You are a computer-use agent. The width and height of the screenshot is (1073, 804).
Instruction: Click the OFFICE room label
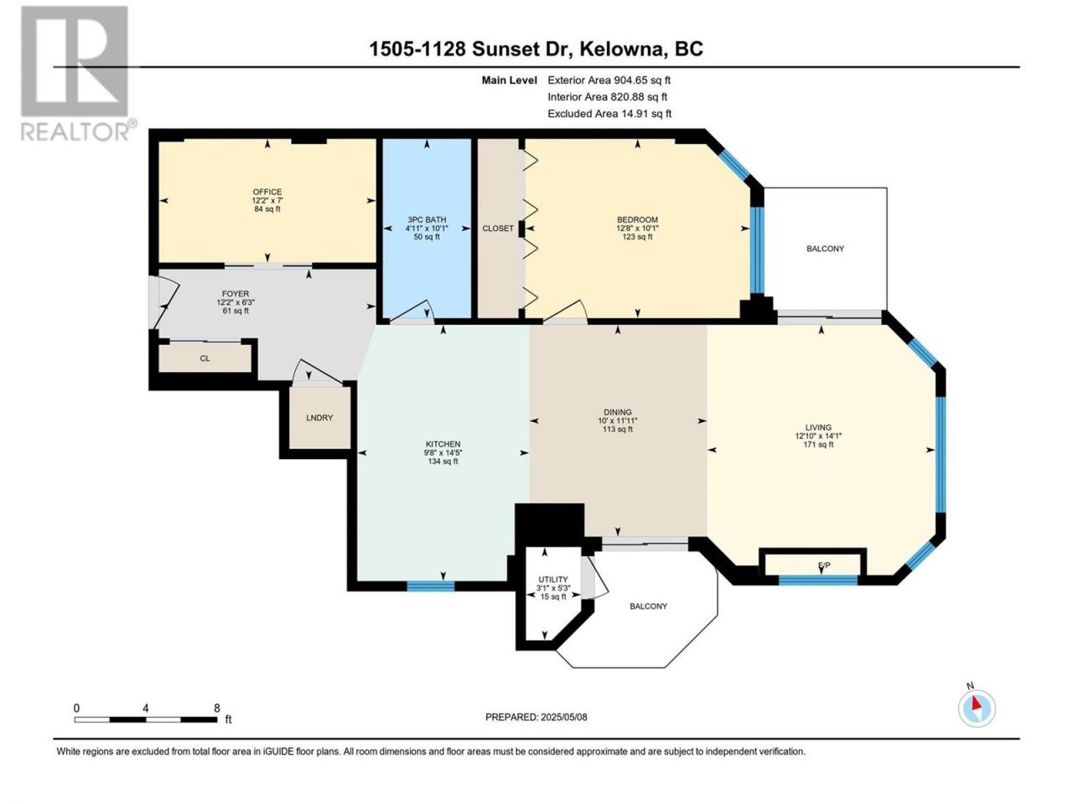click(x=267, y=192)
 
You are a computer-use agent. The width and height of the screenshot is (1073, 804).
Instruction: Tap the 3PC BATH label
click(x=427, y=219)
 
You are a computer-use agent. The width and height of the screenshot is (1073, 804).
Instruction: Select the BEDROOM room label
click(x=637, y=219)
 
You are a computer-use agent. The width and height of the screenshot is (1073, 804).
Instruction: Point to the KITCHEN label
click(x=443, y=444)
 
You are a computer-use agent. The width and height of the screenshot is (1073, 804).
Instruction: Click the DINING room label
click(x=618, y=412)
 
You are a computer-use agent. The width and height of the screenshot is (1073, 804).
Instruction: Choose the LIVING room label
click(x=818, y=427)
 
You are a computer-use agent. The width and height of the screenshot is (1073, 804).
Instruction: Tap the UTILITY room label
click(x=553, y=579)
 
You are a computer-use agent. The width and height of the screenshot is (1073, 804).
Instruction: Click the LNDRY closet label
click(x=319, y=417)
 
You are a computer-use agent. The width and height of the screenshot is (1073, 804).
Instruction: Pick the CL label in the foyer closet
click(x=205, y=358)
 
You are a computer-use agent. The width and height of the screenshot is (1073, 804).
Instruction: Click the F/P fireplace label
click(x=824, y=565)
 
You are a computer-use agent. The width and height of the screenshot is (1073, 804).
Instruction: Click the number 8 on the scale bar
click(x=216, y=708)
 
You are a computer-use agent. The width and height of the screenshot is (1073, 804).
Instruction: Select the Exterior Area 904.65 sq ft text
click(x=609, y=80)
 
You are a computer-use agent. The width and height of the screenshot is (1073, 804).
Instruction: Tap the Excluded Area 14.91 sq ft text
click(x=609, y=114)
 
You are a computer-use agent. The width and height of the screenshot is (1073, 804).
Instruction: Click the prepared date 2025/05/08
click(x=563, y=717)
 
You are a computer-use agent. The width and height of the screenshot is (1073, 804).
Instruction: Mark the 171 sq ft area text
click(x=818, y=445)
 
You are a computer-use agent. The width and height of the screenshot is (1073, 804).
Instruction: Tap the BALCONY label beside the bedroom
click(x=825, y=249)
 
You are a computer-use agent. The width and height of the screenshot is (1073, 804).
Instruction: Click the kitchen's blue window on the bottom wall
click(x=431, y=585)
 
